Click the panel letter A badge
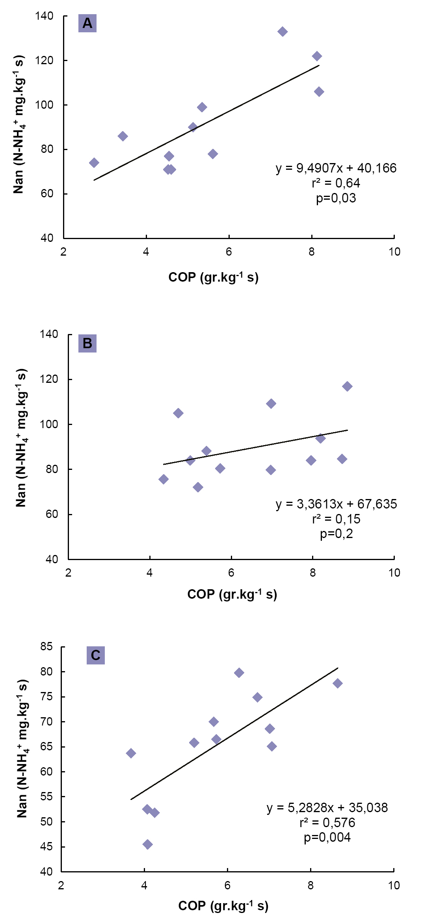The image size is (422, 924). [87, 23]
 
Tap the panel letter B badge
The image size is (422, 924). [87, 343]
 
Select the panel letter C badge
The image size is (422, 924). [95, 655]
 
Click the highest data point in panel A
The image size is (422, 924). [283, 32]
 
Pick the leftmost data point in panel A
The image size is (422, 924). [94, 163]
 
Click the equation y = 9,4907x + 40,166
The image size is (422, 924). [336, 168]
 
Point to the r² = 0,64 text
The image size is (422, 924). [336, 183]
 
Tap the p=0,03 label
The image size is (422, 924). [336, 198]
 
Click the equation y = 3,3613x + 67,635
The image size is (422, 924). [336, 504]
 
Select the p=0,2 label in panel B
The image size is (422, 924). [336, 534]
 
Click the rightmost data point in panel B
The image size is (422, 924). [347, 386]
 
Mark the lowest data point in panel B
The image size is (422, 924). [198, 487]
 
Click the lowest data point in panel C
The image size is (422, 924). [147, 844]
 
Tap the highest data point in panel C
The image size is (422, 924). [239, 673]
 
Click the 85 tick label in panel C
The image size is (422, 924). [46, 646]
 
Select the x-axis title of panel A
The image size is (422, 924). [213, 277]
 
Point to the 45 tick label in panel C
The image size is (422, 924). [46, 846]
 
